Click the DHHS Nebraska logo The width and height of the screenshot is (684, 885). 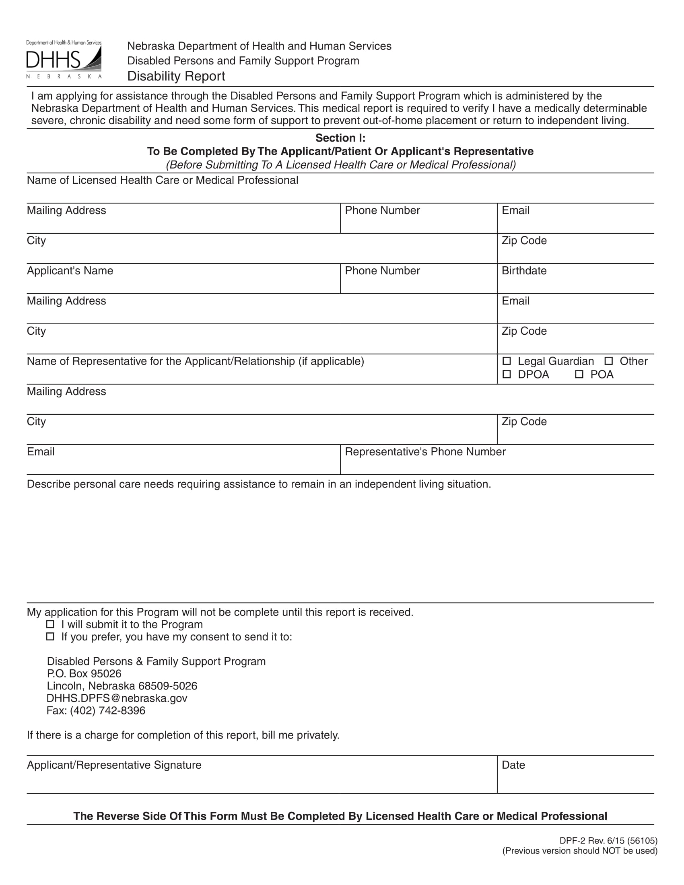[64, 60]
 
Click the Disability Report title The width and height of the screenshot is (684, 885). [176, 76]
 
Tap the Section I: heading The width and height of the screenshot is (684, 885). [340, 138]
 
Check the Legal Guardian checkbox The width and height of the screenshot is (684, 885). [507, 361]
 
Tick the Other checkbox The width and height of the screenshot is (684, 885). [608, 361]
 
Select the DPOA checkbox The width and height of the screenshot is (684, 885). [507, 374]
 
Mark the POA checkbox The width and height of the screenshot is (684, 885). [579, 374]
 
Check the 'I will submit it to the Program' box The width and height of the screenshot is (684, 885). [50, 624]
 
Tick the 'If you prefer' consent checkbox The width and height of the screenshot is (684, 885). [50, 636]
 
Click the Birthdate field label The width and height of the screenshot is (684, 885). [523, 271]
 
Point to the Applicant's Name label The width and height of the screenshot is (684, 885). [70, 271]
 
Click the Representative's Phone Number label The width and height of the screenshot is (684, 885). [424, 451]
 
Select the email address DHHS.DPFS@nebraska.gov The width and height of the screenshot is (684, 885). [117, 698]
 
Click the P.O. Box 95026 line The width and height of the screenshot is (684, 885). [84, 673]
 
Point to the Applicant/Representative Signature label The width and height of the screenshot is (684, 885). [114, 765]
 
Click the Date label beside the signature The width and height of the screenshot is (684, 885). [513, 765]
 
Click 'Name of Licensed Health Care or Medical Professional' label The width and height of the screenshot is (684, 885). [162, 180]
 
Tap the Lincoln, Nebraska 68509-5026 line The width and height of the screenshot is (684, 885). [122, 685]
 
